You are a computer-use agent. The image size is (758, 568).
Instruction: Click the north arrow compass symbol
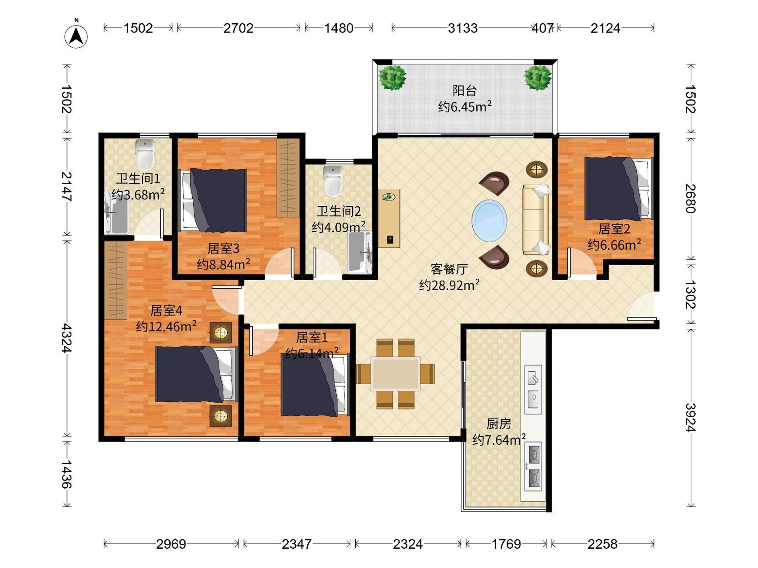point(76,36)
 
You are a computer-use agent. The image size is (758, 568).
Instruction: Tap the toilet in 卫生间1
point(145,154)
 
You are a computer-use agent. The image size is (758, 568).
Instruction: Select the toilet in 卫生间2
point(333,181)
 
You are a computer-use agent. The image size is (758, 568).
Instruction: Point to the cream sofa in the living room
point(536,220)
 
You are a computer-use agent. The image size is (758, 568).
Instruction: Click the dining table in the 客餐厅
point(395,374)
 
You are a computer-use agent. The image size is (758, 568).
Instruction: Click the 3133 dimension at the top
point(462,28)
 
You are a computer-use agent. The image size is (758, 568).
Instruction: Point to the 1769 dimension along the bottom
point(506,544)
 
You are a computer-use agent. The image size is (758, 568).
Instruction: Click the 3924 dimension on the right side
point(691,418)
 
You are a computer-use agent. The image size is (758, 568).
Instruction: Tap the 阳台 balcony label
point(464,91)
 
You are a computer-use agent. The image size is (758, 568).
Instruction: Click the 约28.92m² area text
point(449,285)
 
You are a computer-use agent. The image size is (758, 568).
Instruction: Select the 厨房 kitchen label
point(499,424)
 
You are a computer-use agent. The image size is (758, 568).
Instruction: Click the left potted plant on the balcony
point(392,78)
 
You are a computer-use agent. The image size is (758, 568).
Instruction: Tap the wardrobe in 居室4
point(116,281)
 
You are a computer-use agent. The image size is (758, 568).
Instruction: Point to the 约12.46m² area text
point(166,326)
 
